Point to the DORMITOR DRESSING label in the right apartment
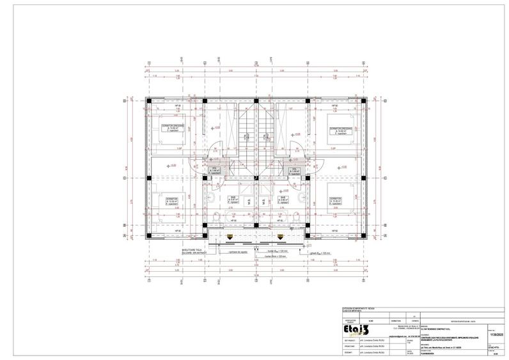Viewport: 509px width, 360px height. click(341, 130)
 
